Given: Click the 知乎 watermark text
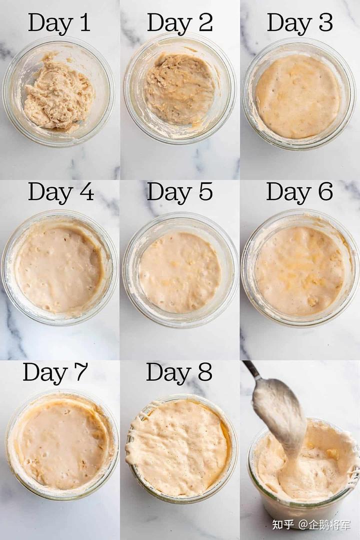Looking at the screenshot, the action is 282,524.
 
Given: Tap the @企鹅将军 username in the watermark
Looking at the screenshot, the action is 324,524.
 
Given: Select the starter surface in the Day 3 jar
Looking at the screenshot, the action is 297,96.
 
